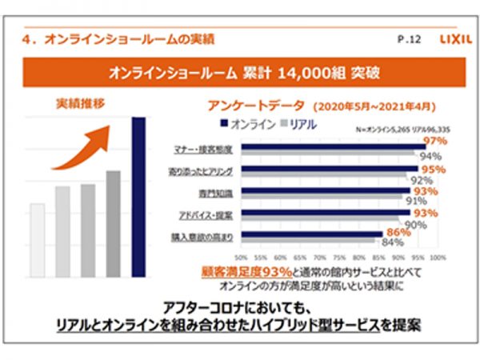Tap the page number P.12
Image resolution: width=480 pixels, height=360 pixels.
click(408, 38)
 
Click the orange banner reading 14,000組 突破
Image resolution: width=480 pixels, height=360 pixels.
click(240, 73)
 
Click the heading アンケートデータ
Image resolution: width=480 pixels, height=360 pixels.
click(244, 106)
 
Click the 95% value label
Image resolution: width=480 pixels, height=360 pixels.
click(433, 170)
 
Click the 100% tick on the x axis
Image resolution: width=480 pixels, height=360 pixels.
click(437, 258)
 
